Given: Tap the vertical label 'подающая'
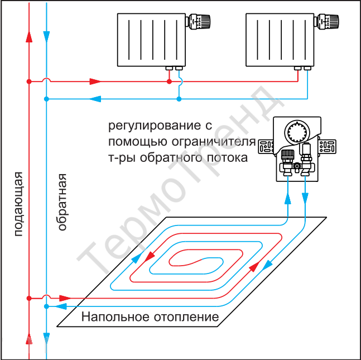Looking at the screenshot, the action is point(18,204).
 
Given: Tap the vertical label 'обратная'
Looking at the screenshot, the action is point(62,202).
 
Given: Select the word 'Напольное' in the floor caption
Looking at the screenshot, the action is point(115,317).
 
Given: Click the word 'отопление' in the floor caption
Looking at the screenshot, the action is point(186,318).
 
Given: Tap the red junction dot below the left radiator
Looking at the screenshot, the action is point(169,81).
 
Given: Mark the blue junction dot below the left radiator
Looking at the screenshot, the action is point(179,99).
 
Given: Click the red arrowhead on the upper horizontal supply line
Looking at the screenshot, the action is point(95,81).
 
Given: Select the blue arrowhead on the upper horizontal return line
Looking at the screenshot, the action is point(95,99).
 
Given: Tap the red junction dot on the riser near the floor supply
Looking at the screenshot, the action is point(29,298).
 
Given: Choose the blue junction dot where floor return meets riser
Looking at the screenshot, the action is point(46,306).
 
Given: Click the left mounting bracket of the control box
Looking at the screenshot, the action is point(266,146).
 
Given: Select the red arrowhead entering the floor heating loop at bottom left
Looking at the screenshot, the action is point(65,298).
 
